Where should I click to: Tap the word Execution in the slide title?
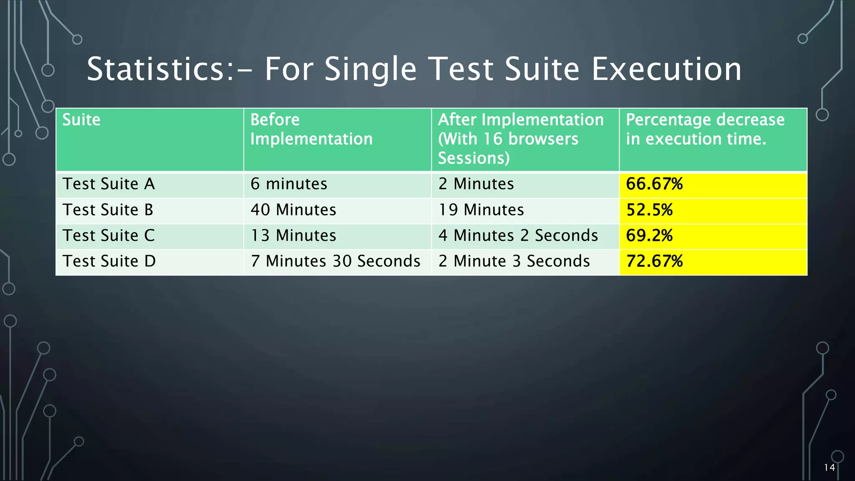point(666,69)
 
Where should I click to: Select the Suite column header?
point(81,120)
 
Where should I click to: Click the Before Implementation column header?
point(311,129)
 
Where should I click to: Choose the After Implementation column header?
point(520,139)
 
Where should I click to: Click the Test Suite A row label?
point(109,184)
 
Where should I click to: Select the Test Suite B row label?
point(108,210)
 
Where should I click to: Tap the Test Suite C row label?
point(109,236)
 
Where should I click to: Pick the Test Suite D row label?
point(109,261)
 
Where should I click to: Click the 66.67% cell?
point(654,184)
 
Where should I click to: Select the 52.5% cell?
point(649,210)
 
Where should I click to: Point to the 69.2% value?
point(649,236)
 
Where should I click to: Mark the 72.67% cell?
point(654,261)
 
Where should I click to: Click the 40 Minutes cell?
point(293,210)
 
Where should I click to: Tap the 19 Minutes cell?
point(481,210)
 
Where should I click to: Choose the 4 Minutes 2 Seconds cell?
point(518,236)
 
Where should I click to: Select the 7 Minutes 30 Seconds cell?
point(335,261)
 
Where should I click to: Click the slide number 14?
point(829,468)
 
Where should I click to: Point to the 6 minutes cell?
point(289,184)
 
